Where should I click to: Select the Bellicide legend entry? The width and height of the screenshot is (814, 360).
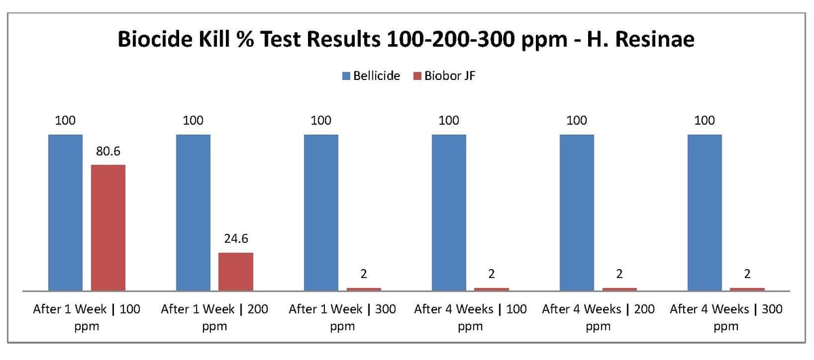[371, 76]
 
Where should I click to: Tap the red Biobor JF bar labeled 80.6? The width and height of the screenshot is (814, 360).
[109, 227]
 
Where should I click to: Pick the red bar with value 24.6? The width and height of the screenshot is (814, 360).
[235, 271]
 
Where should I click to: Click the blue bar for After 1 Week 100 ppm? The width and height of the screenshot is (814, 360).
[65, 212]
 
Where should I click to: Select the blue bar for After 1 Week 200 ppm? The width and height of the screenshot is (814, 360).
[193, 212]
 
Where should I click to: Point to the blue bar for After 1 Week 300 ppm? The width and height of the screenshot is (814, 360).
[321, 212]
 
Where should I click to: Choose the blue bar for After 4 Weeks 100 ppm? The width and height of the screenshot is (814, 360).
[449, 212]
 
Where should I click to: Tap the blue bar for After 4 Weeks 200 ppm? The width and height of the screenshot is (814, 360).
[577, 212]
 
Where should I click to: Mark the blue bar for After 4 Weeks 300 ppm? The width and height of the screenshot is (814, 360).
[705, 212]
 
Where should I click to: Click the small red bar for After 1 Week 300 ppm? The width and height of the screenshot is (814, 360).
[364, 289]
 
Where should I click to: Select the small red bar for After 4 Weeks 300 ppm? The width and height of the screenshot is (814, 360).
[748, 289]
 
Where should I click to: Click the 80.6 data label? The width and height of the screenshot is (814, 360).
[108, 151]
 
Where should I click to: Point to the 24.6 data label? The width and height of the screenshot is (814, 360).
[235, 239]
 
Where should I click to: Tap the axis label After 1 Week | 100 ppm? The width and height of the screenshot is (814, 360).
[87, 317]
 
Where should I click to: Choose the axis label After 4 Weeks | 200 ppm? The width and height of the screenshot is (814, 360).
[598, 317]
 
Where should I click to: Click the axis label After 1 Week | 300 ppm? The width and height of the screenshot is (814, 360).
[343, 317]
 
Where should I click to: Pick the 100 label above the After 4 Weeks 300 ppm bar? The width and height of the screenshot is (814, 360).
[705, 121]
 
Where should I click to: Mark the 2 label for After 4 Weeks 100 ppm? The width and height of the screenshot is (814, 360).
[491, 275]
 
